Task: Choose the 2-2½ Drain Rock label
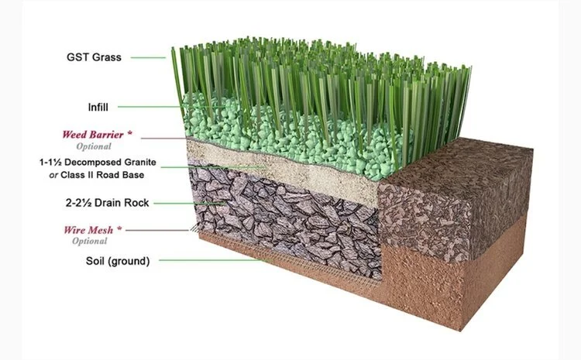pos(106,203)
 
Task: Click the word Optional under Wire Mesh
pos(91,242)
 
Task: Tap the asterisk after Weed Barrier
pos(130,133)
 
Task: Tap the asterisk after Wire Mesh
pos(129,229)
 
